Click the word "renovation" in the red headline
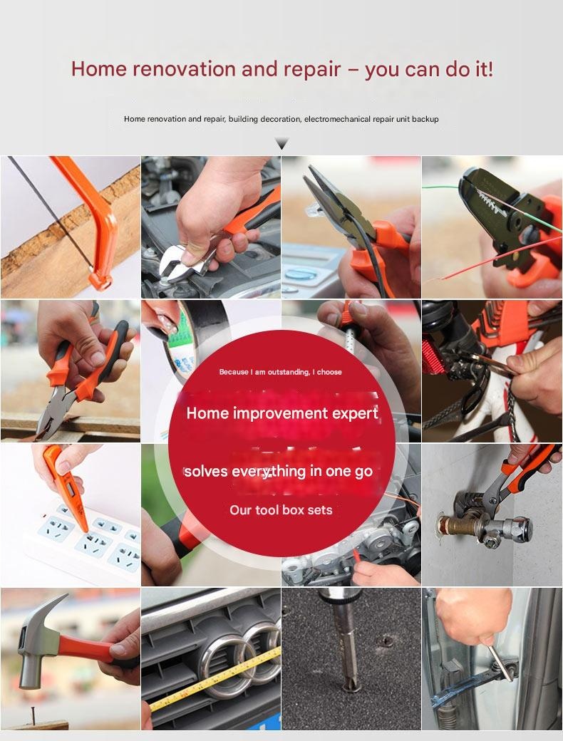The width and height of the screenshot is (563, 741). coord(183,69)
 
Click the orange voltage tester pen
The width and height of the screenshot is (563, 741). coord(66,487)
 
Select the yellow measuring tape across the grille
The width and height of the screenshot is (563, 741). coord(215,680)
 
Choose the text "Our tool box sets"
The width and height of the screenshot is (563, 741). coord(281,510)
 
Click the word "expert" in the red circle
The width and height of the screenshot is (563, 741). coord(354,413)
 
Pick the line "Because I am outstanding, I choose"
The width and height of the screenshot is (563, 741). coord(280,372)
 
